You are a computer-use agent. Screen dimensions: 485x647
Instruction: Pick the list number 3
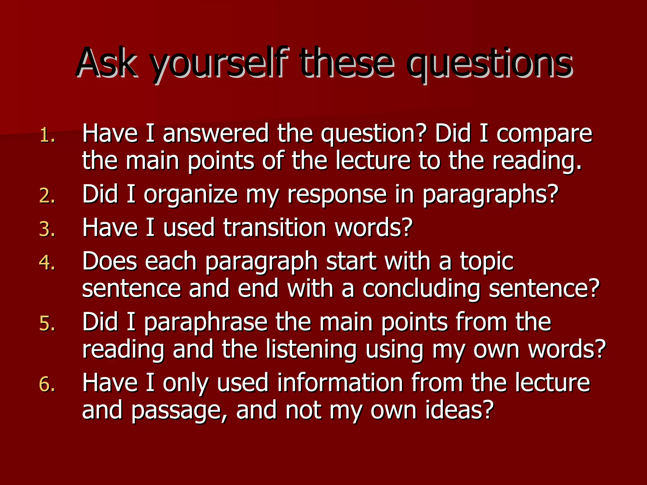pyautogui.click(x=47, y=229)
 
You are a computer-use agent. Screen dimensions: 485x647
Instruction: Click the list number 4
pyautogui.click(x=47, y=262)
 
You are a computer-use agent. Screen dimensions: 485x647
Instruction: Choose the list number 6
pyautogui.click(x=47, y=384)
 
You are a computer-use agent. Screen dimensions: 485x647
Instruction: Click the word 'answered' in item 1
pyautogui.click(x=215, y=133)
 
